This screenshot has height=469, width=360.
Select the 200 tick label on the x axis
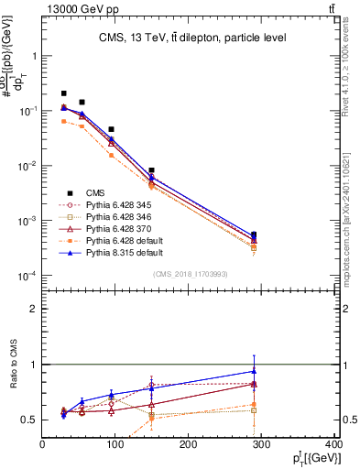(x=190, y=445)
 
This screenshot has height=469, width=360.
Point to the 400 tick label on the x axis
(x=334, y=445)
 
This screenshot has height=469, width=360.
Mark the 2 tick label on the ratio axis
(x=34, y=309)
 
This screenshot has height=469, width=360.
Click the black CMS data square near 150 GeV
(x=152, y=170)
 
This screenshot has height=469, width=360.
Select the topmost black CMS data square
(x=64, y=93)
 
